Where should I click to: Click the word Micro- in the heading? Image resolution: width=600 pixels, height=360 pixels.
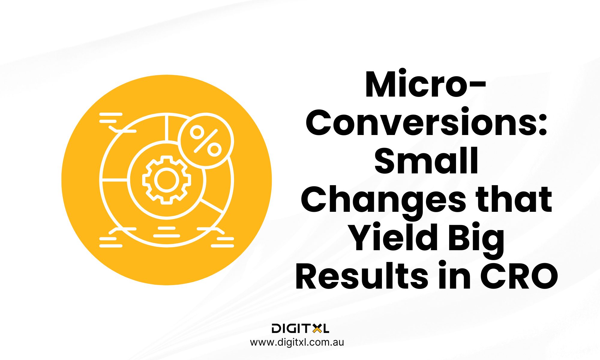coord(425,85)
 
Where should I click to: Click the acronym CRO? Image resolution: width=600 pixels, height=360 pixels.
coord(519,276)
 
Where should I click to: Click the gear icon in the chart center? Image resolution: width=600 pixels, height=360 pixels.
coord(166,180)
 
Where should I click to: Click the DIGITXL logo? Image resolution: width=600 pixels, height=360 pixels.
coord(300,328)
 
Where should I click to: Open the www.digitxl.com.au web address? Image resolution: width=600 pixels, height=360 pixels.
coord(297,342)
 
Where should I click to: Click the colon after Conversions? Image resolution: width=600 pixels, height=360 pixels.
coord(543,126)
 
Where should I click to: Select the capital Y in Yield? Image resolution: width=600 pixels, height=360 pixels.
coord(363,238)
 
